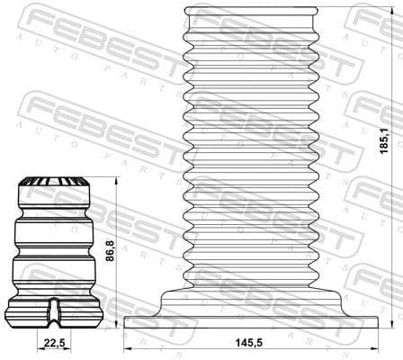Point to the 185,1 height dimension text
(384, 139)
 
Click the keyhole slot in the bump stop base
(55, 310)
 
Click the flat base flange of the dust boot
(251, 321)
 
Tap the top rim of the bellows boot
(251, 11)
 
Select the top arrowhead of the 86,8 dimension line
(117, 181)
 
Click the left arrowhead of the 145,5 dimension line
(126, 348)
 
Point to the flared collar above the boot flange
(251, 297)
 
